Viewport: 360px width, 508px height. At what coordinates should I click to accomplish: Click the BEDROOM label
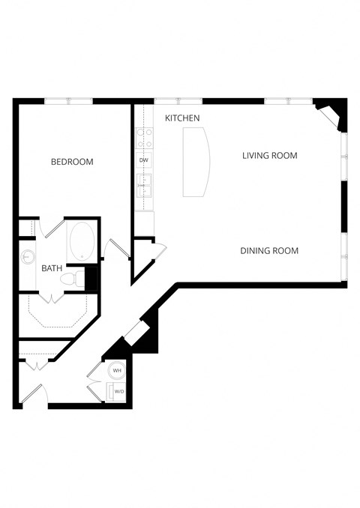click(x=72, y=162)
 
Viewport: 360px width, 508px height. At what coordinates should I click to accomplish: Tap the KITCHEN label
click(x=182, y=118)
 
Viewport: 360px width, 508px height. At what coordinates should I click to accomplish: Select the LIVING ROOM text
click(x=270, y=156)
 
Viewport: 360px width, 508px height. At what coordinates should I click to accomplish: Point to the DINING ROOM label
click(x=269, y=251)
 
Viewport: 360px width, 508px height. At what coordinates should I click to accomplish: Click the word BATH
click(x=52, y=268)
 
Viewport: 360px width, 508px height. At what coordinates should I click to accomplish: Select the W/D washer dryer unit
click(x=118, y=391)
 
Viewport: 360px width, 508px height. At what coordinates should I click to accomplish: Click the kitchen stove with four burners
click(x=145, y=138)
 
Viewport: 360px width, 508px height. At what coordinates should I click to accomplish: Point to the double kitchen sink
click(x=145, y=184)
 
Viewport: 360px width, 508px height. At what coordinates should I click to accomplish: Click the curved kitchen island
click(x=196, y=162)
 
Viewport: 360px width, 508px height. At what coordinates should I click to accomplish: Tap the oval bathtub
click(x=82, y=241)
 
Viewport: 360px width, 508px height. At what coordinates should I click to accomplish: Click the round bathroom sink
click(x=28, y=257)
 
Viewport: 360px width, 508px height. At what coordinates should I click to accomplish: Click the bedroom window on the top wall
click(x=68, y=101)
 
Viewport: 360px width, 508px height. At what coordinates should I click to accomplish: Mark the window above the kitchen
click(x=178, y=101)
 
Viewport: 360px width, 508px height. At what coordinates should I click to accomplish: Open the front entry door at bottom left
click(x=32, y=393)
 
